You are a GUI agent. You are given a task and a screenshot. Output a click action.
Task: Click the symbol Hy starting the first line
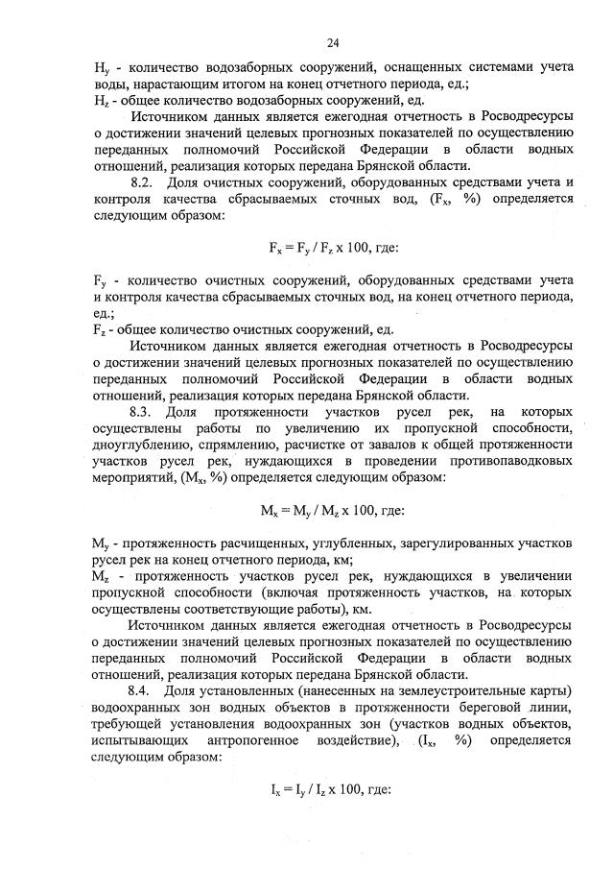100,67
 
